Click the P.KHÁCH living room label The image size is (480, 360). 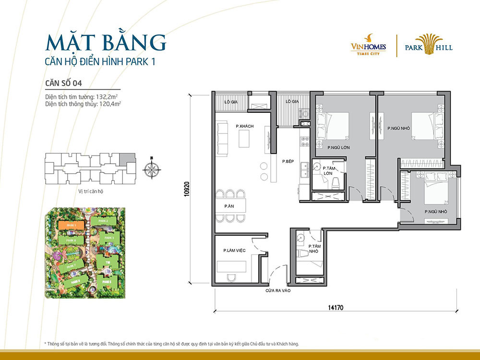pos(244,126)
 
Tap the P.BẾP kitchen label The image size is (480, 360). pos(288,161)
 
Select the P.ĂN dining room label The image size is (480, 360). pos(228,206)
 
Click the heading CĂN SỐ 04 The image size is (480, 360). pos(62,82)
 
